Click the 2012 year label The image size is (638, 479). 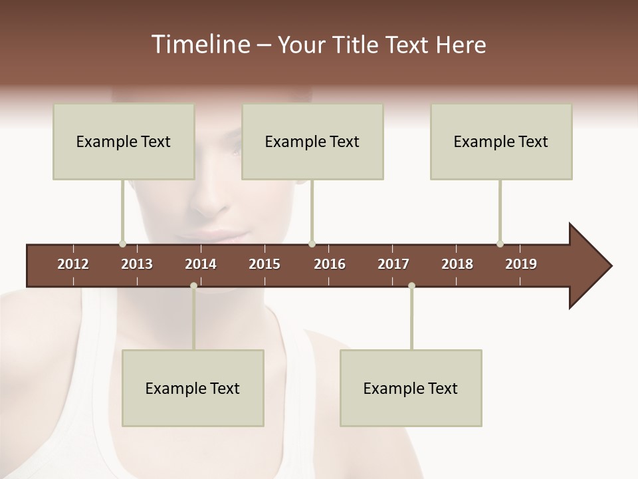73,264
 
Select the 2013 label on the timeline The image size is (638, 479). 137,264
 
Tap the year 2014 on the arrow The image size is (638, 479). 201,264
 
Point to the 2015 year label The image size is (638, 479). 265,264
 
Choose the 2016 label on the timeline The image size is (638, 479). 330,264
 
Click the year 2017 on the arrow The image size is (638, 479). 393,264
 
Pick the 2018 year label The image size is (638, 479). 457,264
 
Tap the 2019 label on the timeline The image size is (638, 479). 521,264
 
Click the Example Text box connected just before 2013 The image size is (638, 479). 124,141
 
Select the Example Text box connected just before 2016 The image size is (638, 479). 312,141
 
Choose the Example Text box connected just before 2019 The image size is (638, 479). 501,141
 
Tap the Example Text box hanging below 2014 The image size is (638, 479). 193,388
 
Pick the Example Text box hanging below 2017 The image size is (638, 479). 411,388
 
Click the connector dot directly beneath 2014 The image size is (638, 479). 193,286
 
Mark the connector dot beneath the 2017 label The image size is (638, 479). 411,286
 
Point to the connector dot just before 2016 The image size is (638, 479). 312,243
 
